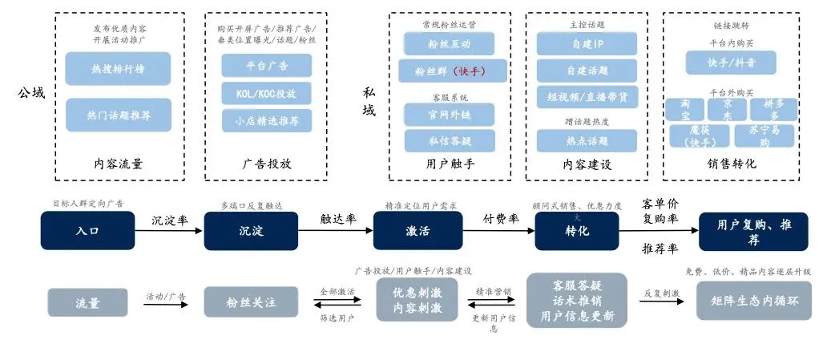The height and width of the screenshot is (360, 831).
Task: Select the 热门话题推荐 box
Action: [x=118, y=115]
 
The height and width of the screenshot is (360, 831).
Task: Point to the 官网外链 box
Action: [x=443, y=115]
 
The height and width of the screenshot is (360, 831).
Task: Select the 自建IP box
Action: [x=587, y=43]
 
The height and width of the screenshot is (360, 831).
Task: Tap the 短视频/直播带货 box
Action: [x=587, y=96]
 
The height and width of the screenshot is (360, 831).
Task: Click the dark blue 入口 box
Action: [x=87, y=231]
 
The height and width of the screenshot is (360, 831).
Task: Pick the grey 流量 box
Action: [x=87, y=302]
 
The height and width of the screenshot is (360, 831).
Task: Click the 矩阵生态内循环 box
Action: [x=753, y=301]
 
